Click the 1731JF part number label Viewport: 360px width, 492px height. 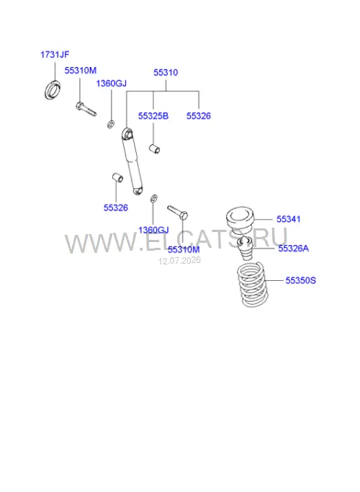click(x=55, y=55)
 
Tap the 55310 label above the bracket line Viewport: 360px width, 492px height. click(x=166, y=73)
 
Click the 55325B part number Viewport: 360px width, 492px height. click(x=153, y=116)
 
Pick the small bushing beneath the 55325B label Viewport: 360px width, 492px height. click(x=154, y=148)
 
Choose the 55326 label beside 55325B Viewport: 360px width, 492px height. click(x=199, y=116)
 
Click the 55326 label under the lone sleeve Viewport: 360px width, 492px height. click(x=116, y=207)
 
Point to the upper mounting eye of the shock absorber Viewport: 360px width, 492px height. click(x=127, y=133)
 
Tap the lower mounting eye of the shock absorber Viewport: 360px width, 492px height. click(x=138, y=190)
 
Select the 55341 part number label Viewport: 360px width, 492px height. click(x=289, y=219)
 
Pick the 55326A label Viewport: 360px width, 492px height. click(x=294, y=249)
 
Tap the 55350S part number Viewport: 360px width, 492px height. click(x=301, y=280)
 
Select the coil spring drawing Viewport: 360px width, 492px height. click(x=252, y=285)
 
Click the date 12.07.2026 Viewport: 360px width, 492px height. click(x=179, y=261)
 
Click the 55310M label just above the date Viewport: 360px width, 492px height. click(x=184, y=250)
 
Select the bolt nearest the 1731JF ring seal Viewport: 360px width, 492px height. click(x=86, y=109)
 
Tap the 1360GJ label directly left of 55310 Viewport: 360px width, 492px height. click(x=112, y=84)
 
